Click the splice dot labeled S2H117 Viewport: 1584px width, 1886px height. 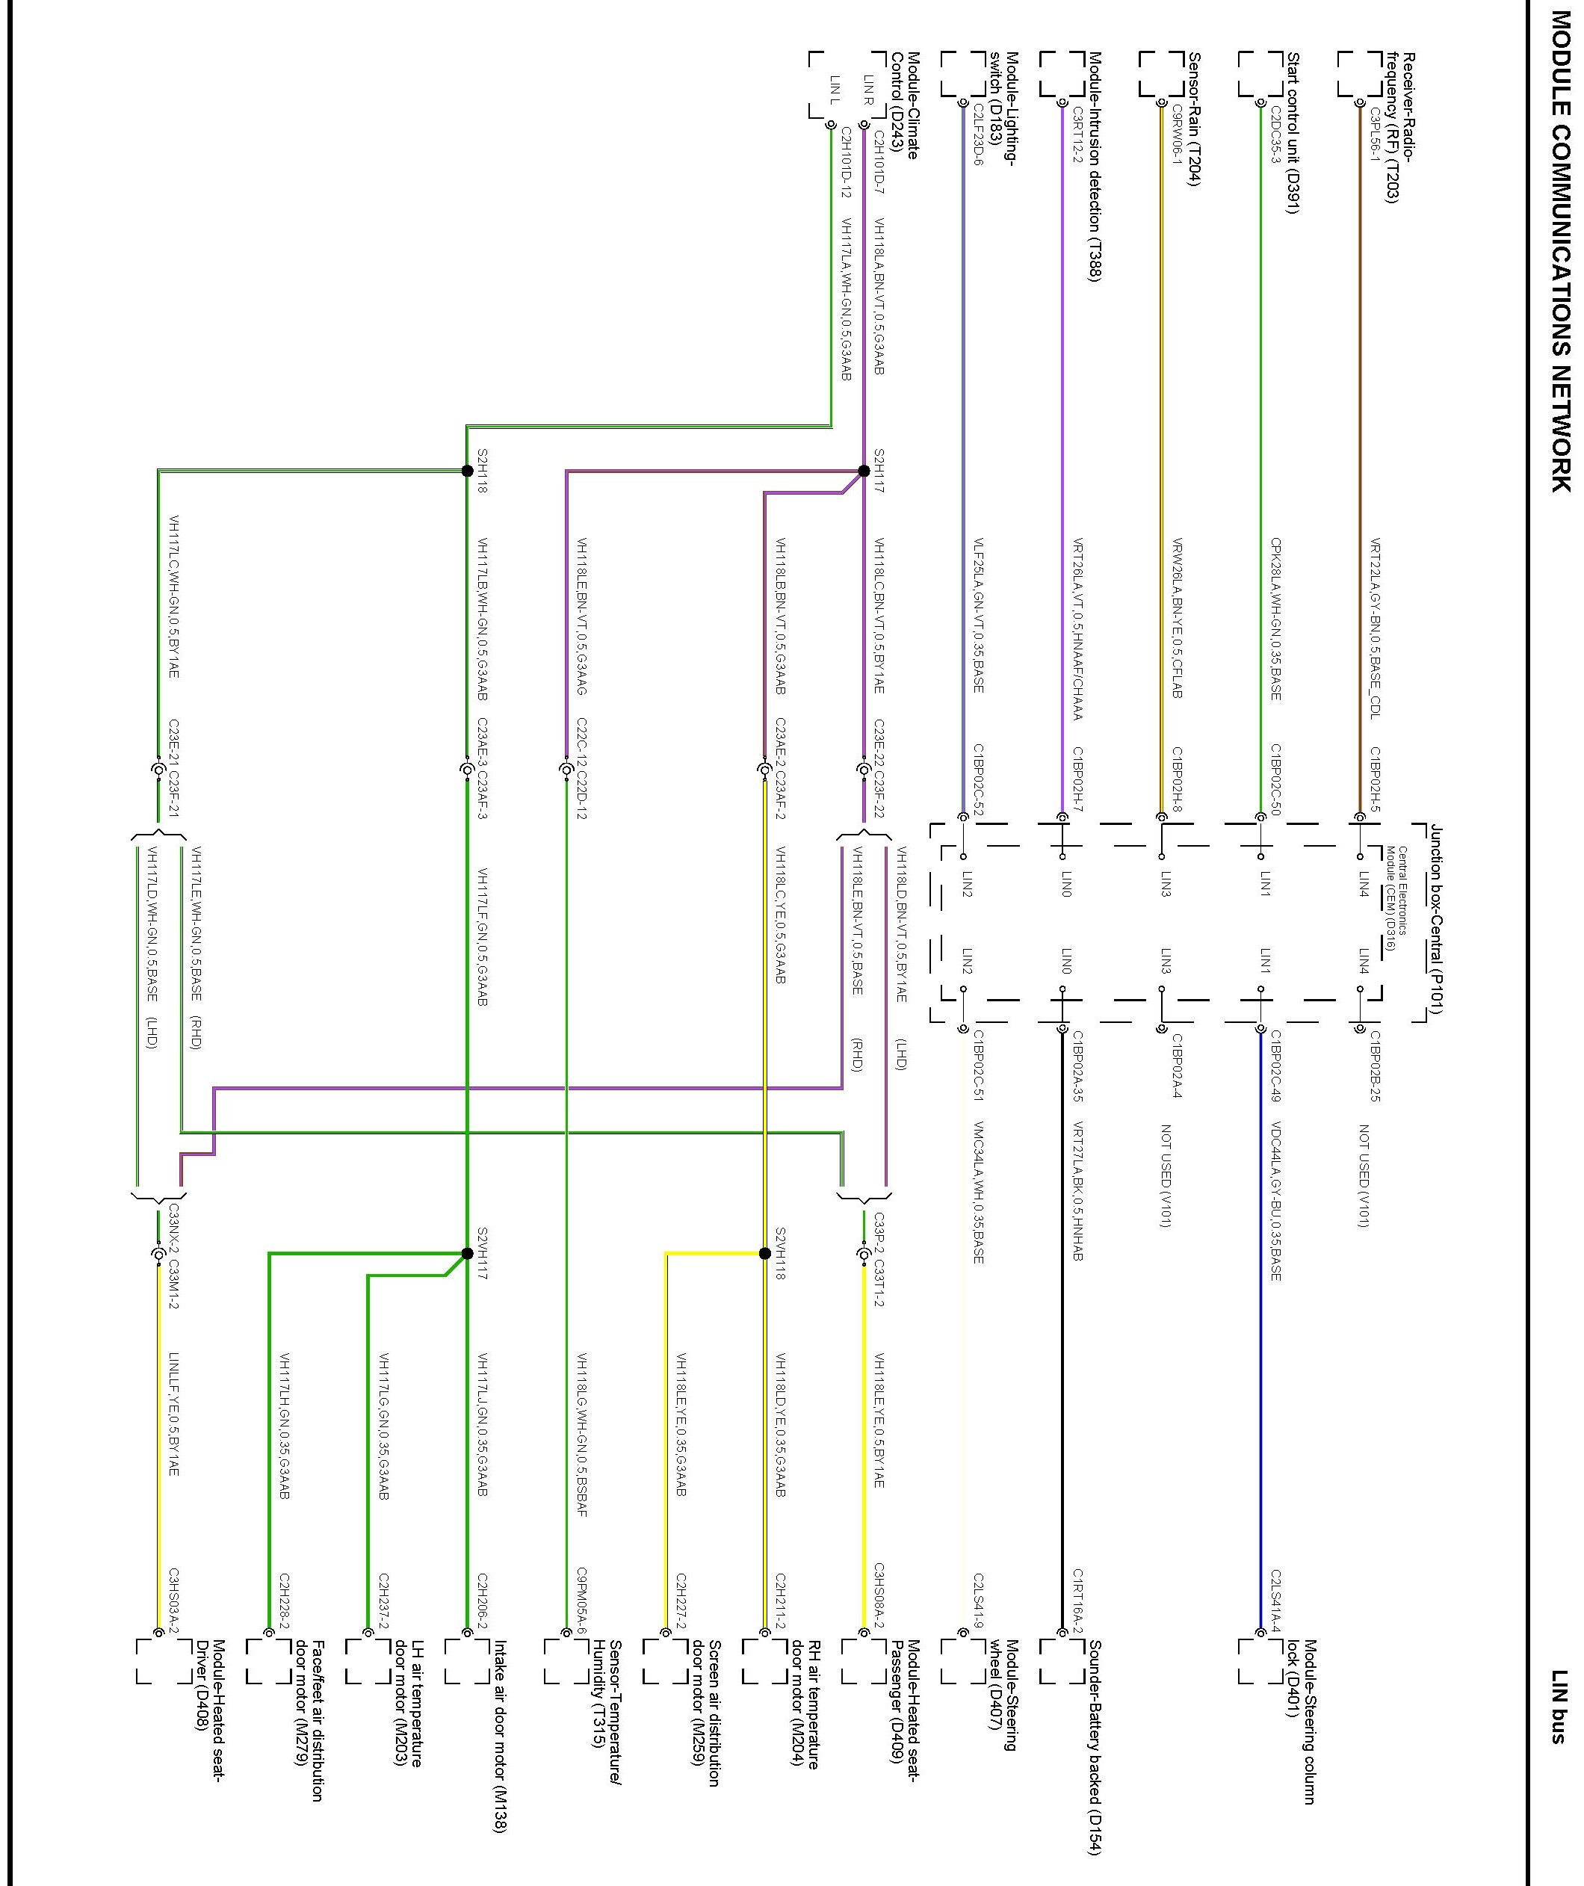[x=864, y=471]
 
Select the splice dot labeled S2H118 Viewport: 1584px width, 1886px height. [x=467, y=471]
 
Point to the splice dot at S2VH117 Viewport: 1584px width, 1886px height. [x=467, y=1253]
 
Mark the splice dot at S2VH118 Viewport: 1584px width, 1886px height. [x=765, y=1253]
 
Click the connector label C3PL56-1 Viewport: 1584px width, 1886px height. [x=1375, y=135]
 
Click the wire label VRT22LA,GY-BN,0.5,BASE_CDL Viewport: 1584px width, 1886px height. [x=1375, y=628]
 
